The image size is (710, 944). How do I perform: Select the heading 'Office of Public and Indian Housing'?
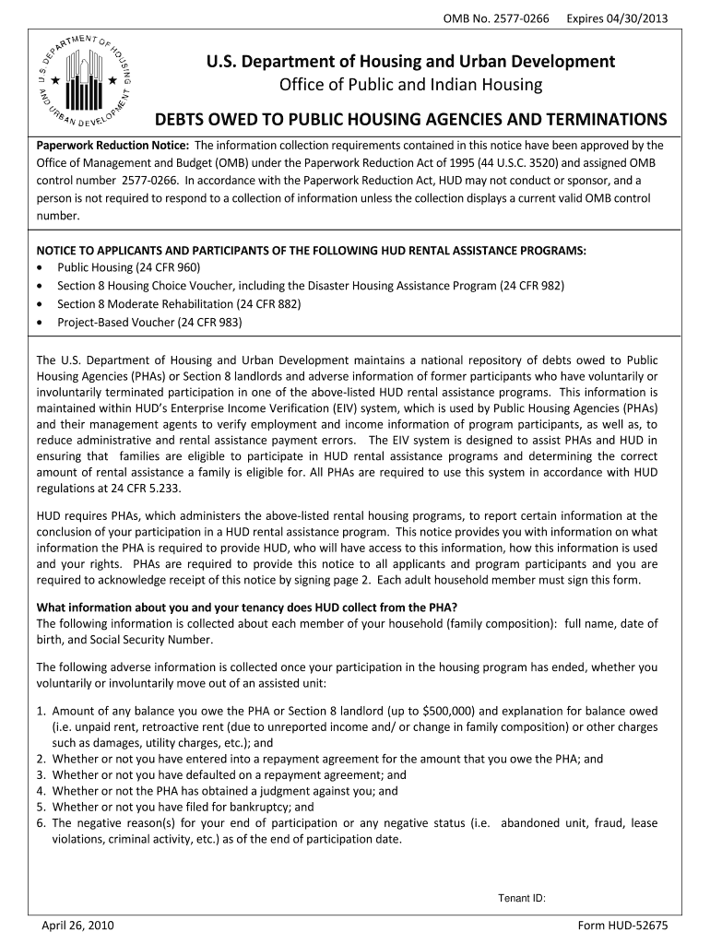pyautogui.click(x=410, y=86)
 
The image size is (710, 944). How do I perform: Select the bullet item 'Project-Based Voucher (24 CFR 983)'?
pyautogui.click(x=149, y=323)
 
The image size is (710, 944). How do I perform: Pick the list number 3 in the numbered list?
pyautogui.click(x=41, y=775)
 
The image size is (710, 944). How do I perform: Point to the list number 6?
pyautogui.click(x=41, y=822)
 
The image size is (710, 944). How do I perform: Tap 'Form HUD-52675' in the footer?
pyautogui.click(x=622, y=925)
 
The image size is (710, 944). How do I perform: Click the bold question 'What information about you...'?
pyautogui.click(x=246, y=607)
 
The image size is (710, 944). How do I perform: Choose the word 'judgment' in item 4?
pyautogui.click(x=300, y=791)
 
